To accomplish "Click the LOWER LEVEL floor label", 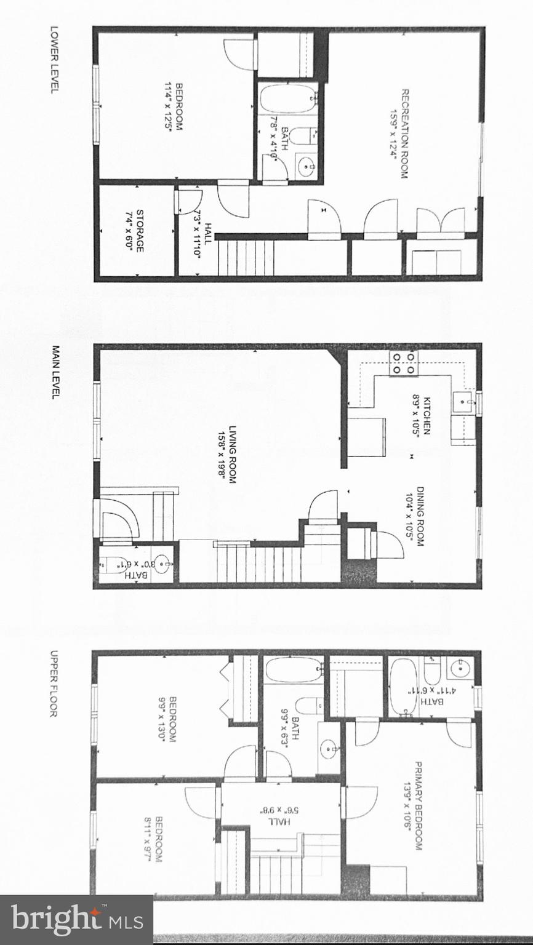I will click(54, 59).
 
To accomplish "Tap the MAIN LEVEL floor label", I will click(54, 372).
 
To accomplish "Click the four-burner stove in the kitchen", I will click(404, 363).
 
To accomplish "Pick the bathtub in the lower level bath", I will click(287, 98).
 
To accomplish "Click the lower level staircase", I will click(246, 257).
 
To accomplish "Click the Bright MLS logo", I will click(76, 920).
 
